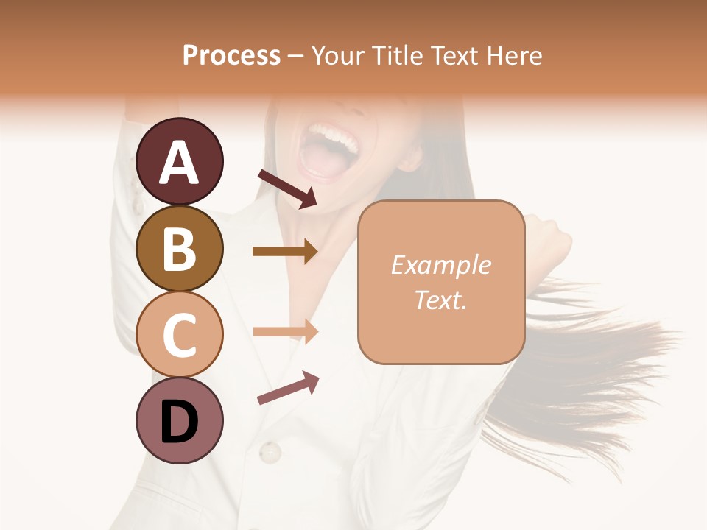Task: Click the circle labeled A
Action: click(179, 161)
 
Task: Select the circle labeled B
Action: click(179, 247)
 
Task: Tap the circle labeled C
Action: click(179, 334)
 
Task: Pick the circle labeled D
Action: click(179, 421)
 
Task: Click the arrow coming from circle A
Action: click(287, 188)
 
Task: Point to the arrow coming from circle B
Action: click(284, 252)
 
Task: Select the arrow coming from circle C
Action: click(284, 331)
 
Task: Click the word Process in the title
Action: click(231, 55)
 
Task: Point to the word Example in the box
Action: click(440, 265)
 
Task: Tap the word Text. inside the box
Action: click(440, 300)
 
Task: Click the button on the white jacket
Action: click(270, 451)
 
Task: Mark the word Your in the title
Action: click(338, 55)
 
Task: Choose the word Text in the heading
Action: click(454, 55)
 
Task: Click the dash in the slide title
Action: click(296, 56)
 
